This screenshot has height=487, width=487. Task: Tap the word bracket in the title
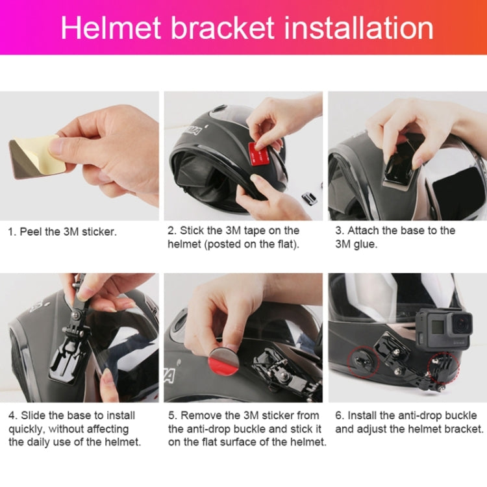tap(221, 28)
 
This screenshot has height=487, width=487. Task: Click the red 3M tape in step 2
tap(259, 155)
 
